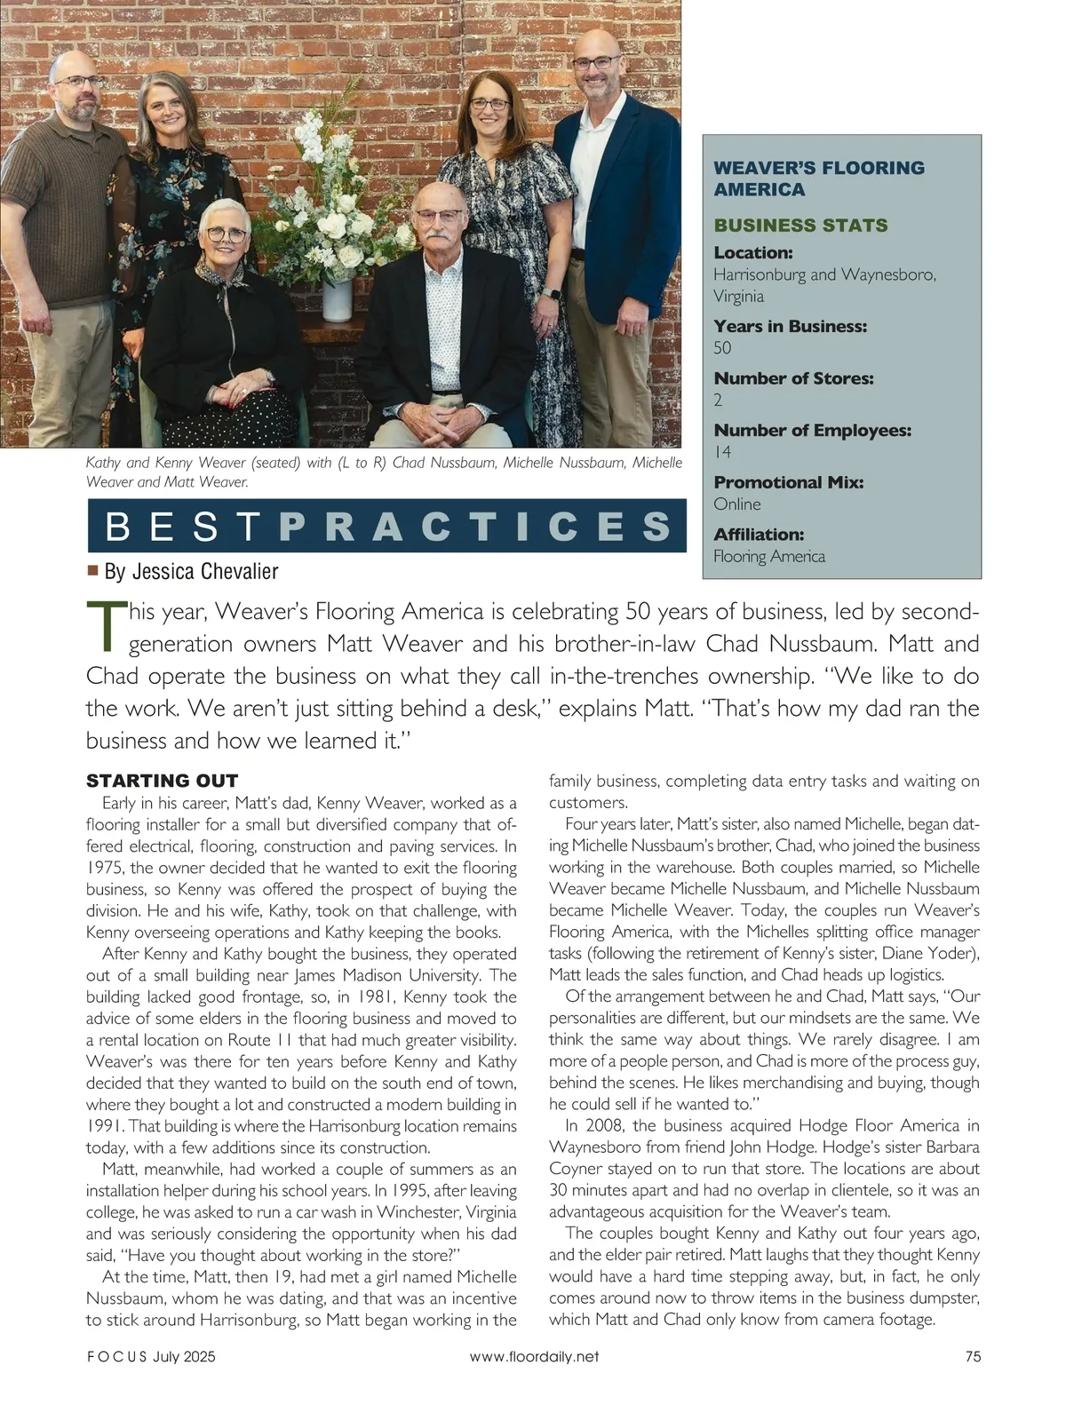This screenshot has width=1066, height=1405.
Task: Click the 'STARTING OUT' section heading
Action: click(162, 782)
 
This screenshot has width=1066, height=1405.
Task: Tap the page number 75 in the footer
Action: click(972, 1357)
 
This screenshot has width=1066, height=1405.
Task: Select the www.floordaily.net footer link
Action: click(534, 1357)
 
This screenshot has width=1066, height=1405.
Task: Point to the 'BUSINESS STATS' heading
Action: click(800, 226)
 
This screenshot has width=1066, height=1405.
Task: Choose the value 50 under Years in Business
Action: click(723, 348)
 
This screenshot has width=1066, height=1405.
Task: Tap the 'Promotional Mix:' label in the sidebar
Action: click(789, 482)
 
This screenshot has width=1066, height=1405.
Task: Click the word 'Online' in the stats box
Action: click(737, 504)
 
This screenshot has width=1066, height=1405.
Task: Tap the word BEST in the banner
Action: click(183, 527)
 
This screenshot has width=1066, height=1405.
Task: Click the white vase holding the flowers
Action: click(338, 299)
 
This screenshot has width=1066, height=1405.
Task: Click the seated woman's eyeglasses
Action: click(227, 234)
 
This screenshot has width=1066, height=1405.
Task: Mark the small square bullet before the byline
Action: click(92, 570)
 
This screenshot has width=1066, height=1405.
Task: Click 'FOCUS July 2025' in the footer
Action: click(151, 1357)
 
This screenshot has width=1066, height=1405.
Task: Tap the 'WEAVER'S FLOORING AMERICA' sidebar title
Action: click(819, 179)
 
